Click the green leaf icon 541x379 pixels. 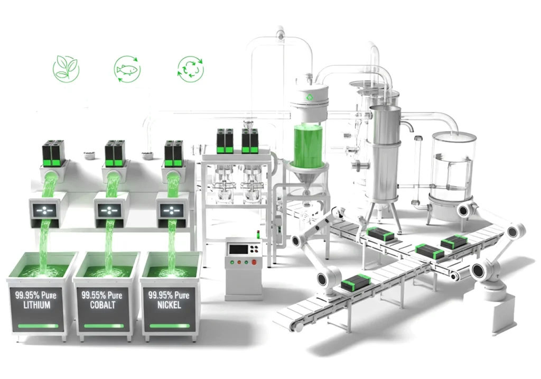pos(66,69)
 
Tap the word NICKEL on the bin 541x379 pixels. pos(169,305)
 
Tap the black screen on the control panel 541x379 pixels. pos(238,248)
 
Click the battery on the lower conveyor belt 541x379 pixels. pos(355,285)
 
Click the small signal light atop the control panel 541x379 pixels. pos(257,233)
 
